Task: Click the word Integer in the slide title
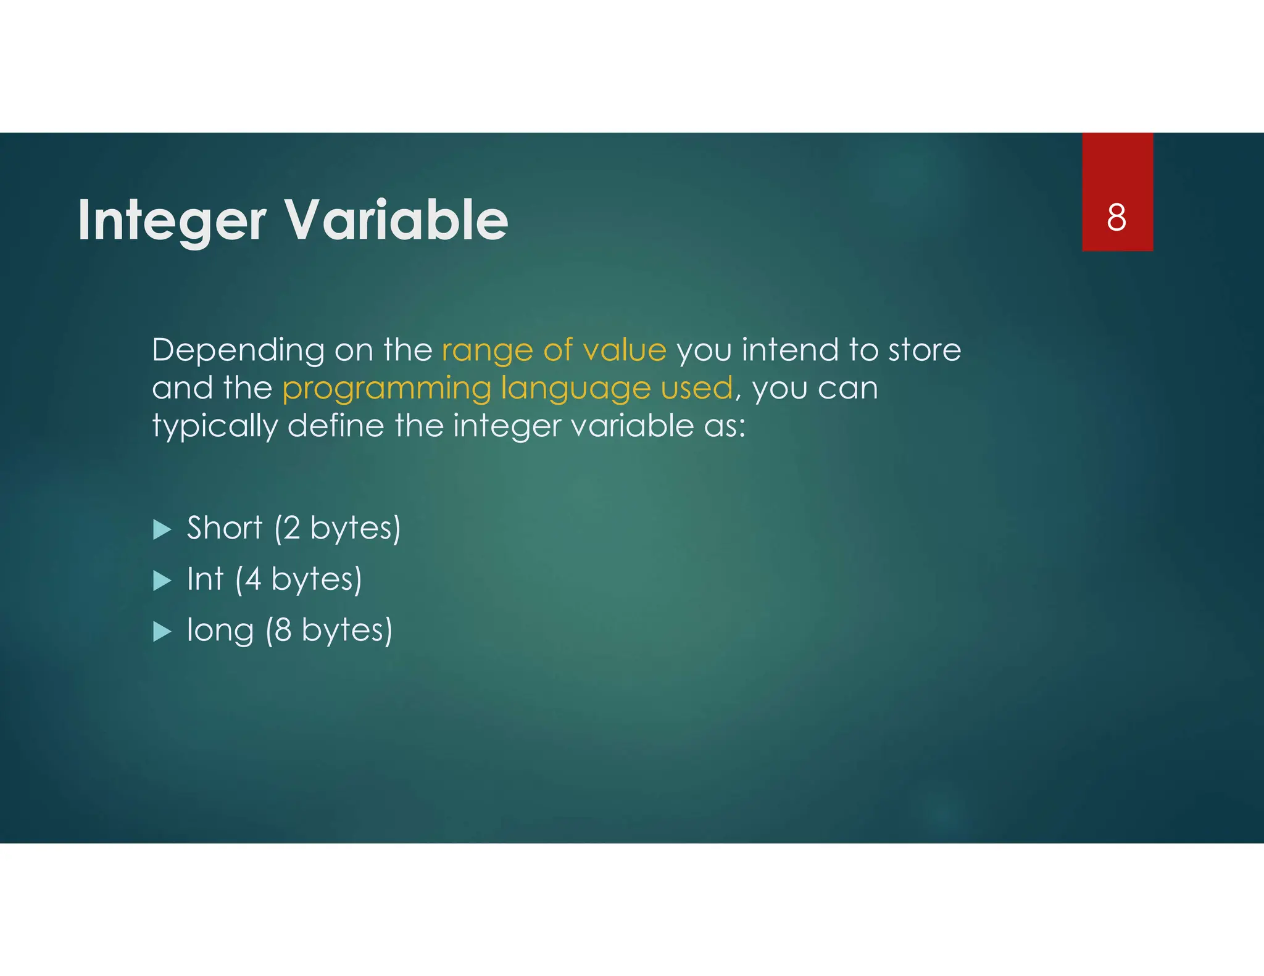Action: click(172, 221)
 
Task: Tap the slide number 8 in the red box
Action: click(1116, 217)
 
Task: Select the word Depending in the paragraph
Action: click(238, 350)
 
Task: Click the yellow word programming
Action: click(386, 389)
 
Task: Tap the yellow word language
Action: click(575, 389)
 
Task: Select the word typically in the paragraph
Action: click(215, 427)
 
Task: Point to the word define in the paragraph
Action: click(336, 426)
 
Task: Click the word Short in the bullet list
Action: click(225, 528)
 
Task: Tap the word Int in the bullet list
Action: click(205, 579)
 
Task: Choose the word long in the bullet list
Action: click(220, 631)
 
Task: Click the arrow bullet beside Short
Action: click(162, 529)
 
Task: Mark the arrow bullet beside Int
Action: click(162, 581)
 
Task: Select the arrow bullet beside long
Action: click(162, 631)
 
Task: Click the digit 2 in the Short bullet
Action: click(291, 528)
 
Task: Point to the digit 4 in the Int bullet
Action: click(252, 579)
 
